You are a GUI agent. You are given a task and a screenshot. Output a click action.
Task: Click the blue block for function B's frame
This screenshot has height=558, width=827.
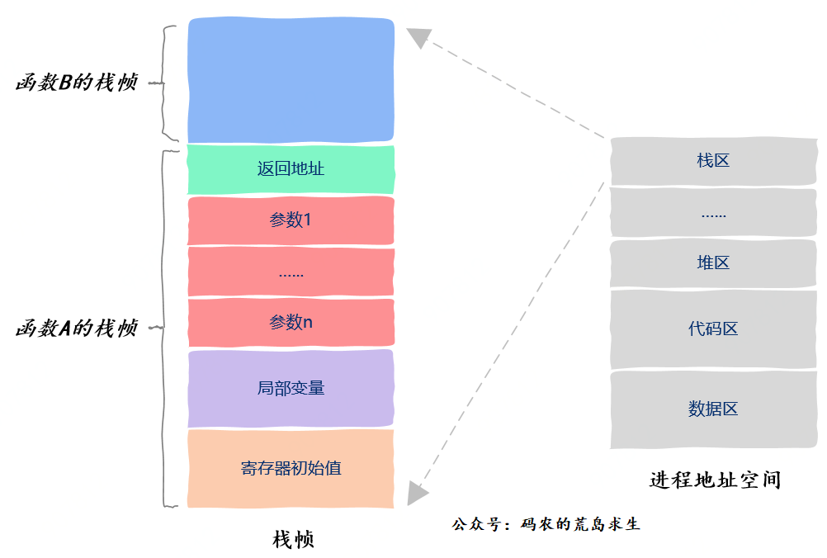[x=291, y=81]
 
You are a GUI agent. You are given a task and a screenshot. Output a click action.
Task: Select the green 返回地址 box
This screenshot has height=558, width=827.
[x=291, y=170]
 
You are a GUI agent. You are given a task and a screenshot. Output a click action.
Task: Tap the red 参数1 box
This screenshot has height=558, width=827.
[x=291, y=220]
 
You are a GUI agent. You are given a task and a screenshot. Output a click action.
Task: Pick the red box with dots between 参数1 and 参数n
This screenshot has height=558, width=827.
[x=291, y=272]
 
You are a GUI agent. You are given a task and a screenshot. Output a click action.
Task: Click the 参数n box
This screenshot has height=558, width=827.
[x=291, y=323]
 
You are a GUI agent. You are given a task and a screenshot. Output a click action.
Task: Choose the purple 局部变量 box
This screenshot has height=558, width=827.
[x=291, y=388]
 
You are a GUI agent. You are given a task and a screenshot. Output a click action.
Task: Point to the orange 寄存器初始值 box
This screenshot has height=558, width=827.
[x=291, y=468]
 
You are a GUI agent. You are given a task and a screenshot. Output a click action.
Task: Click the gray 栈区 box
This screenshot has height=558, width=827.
[x=713, y=161]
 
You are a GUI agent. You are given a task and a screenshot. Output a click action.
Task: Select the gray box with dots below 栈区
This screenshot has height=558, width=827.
[x=713, y=213]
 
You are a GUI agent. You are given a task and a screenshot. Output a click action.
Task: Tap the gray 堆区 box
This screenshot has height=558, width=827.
[x=713, y=263]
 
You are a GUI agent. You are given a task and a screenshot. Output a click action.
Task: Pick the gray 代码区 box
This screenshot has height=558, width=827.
[x=713, y=329]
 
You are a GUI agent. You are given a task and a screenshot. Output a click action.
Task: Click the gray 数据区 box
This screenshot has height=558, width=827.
[x=713, y=409]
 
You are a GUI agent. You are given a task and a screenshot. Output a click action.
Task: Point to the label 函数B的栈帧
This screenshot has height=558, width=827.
[x=77, y=83]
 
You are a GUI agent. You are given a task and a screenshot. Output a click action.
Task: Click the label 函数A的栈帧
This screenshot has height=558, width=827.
[x=77, y=329]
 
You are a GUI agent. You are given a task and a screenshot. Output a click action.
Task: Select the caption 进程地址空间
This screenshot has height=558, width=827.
[x=715, y=480]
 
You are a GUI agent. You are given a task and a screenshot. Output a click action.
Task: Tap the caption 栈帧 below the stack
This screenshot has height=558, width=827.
[x=293, y=540]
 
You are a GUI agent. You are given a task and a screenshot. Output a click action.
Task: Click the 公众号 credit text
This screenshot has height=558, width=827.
[x=546, y=524]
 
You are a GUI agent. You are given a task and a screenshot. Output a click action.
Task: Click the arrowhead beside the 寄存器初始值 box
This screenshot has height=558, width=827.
[x=418, y=492]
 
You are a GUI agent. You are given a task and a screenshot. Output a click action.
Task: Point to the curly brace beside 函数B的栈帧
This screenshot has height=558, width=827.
[x=168, y=83]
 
